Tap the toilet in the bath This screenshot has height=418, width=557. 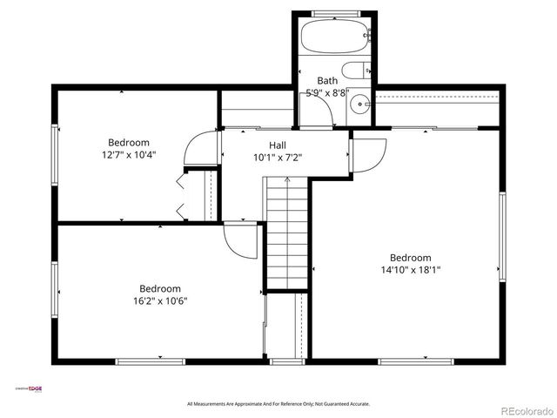click(x=357, y=71)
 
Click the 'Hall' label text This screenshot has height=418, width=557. click(x=277, y=145)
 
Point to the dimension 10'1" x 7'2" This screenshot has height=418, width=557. click(x=277, y=158)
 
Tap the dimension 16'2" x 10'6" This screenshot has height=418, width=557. click(x=160, y=301)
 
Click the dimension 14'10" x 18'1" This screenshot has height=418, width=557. click(x=410, y=270)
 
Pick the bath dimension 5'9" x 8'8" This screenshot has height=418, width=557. click(x=327, y=92)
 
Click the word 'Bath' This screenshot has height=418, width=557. click(x=327, y=80)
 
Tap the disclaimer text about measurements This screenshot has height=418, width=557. click(x=278, y=404)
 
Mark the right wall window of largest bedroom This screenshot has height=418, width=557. click(x=502, y=237)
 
